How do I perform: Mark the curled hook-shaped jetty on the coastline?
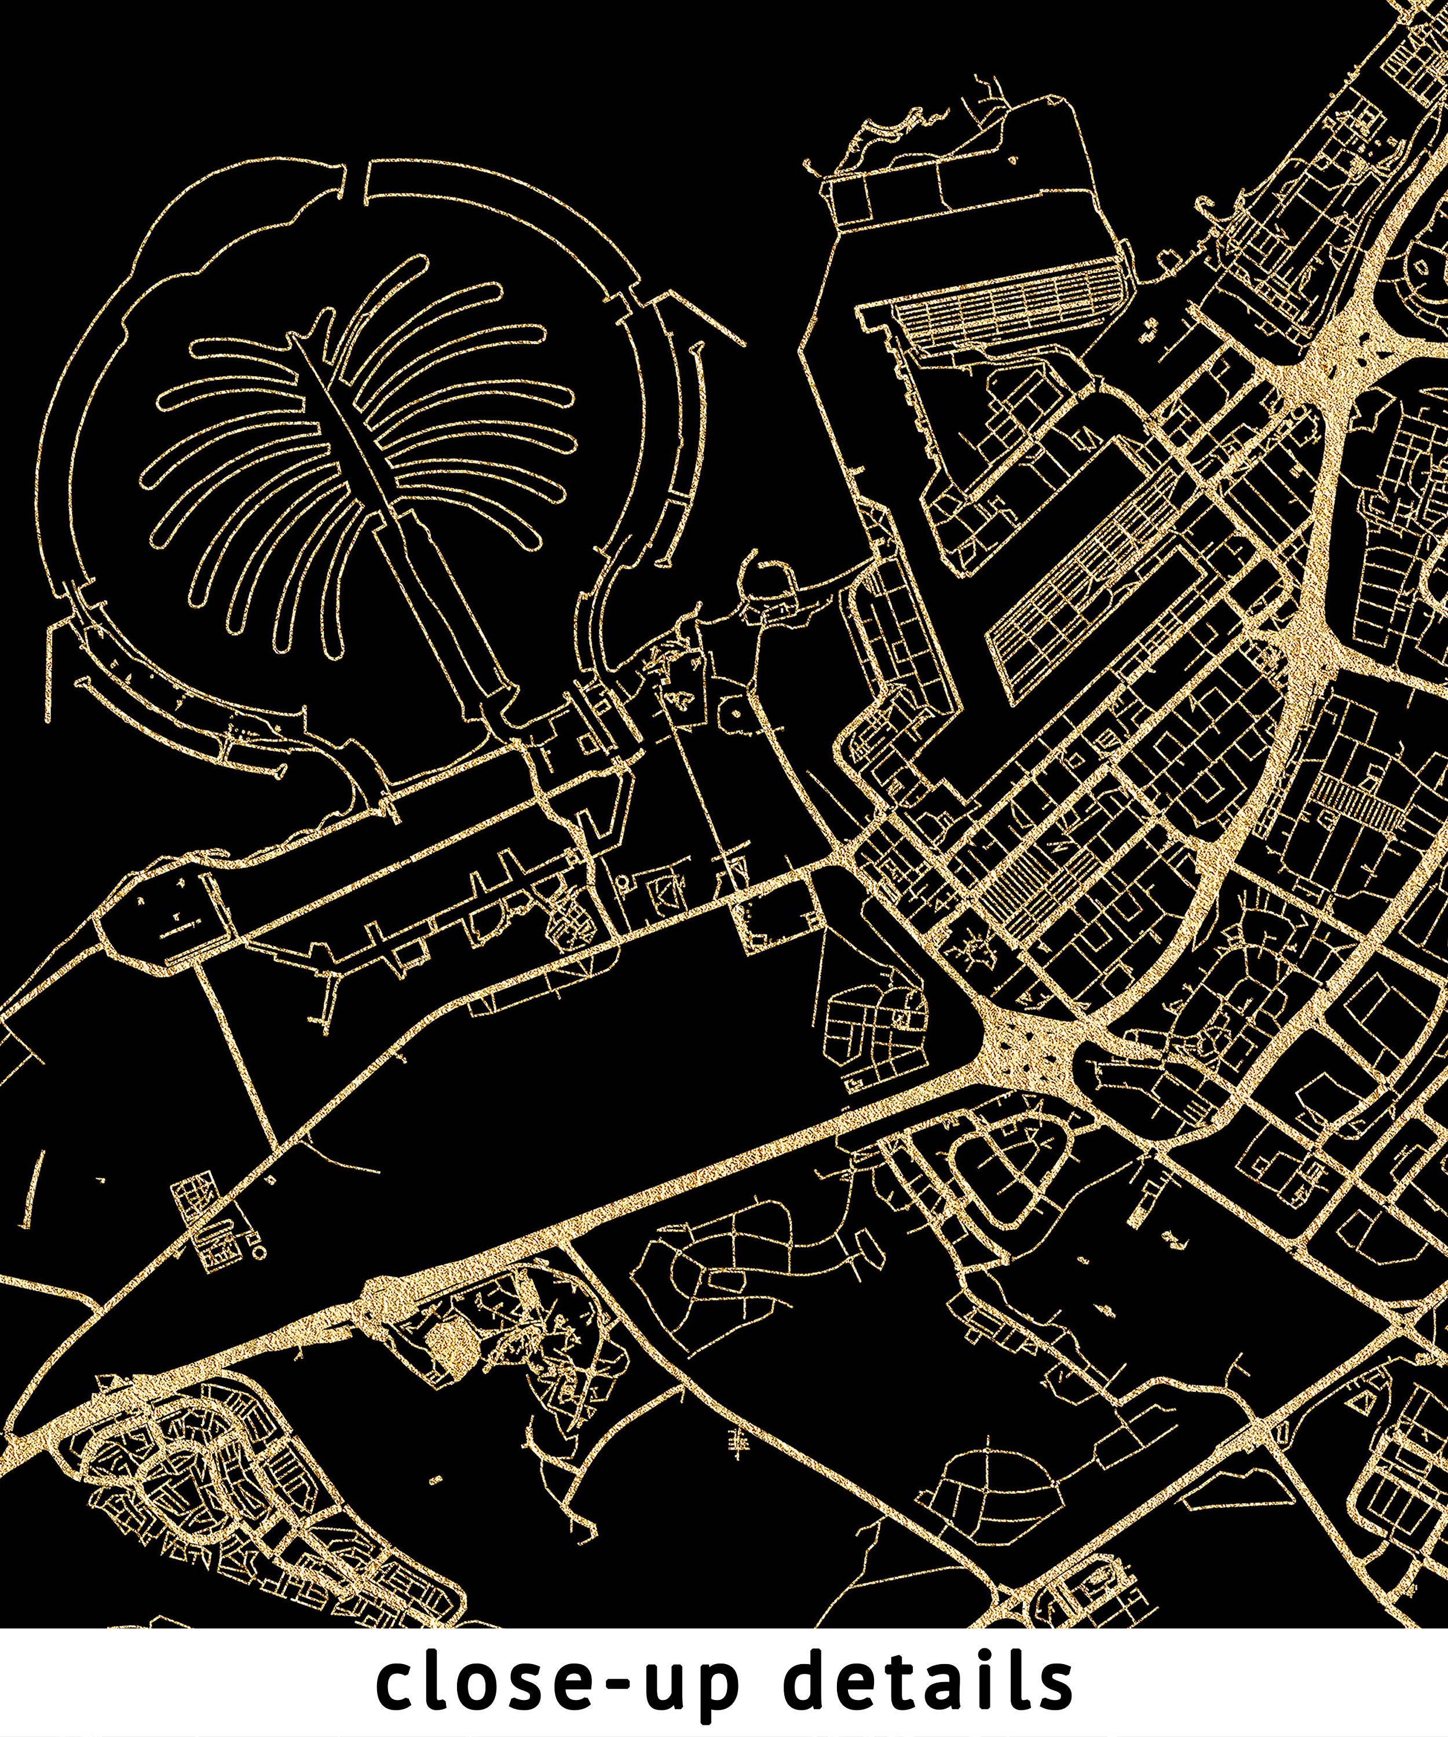click(x=757, y=571)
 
